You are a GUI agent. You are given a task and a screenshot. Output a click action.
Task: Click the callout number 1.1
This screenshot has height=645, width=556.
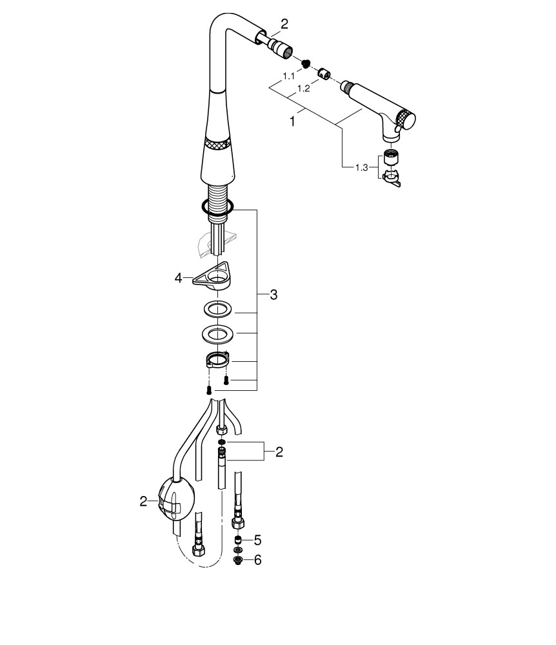click(289, 76)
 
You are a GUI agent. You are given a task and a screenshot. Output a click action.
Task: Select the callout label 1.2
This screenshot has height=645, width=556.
click(304, 88)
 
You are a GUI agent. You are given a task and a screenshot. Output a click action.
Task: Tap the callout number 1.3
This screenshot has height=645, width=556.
click(361, 168)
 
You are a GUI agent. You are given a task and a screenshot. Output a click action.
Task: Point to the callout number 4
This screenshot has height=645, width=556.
click(178, 279)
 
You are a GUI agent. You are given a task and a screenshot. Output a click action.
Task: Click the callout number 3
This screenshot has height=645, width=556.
click(273, 295)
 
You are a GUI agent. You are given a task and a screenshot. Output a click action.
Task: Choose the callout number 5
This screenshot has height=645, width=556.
click(257, 540)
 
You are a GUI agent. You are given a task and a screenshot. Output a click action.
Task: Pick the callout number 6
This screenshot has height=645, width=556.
click(258, 560)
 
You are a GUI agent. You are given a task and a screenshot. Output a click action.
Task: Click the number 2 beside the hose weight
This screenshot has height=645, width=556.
click(143, 501)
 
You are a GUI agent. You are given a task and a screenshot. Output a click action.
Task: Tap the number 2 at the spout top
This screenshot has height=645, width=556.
click(284, 25)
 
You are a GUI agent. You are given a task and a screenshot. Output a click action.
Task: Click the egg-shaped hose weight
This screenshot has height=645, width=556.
click(176, 501)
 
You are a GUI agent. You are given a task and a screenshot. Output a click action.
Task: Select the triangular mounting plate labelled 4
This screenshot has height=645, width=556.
click(212, 277)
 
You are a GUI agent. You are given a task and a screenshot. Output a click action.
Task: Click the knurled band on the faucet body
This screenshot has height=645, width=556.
click(217, 144)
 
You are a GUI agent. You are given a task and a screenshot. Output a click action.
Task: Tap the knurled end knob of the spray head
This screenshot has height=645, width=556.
click(408, 120)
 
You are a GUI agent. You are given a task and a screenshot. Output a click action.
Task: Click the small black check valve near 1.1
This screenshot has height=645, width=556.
click(305, 63)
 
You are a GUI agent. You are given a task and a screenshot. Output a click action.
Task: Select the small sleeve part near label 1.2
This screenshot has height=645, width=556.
click(324, 74)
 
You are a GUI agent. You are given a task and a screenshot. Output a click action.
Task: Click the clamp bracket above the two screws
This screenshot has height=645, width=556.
click(217, 360)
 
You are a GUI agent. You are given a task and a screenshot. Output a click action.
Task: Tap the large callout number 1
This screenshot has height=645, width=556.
click(292, 122)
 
